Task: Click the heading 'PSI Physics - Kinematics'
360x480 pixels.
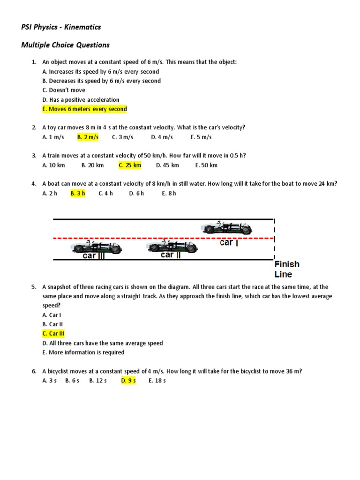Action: tap(61, 27)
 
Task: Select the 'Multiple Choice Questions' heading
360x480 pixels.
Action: tap(65, 45)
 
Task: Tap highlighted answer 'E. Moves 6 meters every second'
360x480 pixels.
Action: tap(84, 109)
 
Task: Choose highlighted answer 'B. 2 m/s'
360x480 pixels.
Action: tap(88, 137)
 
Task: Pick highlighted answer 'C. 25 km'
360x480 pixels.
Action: tap(130, 165)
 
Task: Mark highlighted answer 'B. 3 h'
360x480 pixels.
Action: tap(78, 194)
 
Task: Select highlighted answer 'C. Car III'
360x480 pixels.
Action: tap(53, 334)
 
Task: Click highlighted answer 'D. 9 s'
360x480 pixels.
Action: tap(128, 381)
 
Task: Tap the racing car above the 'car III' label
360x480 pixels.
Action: tap(97, 247)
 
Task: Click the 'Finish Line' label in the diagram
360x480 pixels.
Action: tap(287, 269)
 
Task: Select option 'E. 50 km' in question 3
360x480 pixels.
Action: tap(206, 165)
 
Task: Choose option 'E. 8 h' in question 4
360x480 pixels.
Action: tap(169, 194)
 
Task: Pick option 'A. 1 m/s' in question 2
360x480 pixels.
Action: tap(52, 137)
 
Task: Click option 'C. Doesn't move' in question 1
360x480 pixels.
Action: tap(64, 90)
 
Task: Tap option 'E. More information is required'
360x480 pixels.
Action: tap(83, 352)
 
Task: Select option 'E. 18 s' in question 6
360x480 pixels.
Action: tap(157, 381)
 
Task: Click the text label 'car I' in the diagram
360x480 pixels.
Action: tap(229, 243)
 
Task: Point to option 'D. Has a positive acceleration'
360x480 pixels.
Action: tap(81, 100)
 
